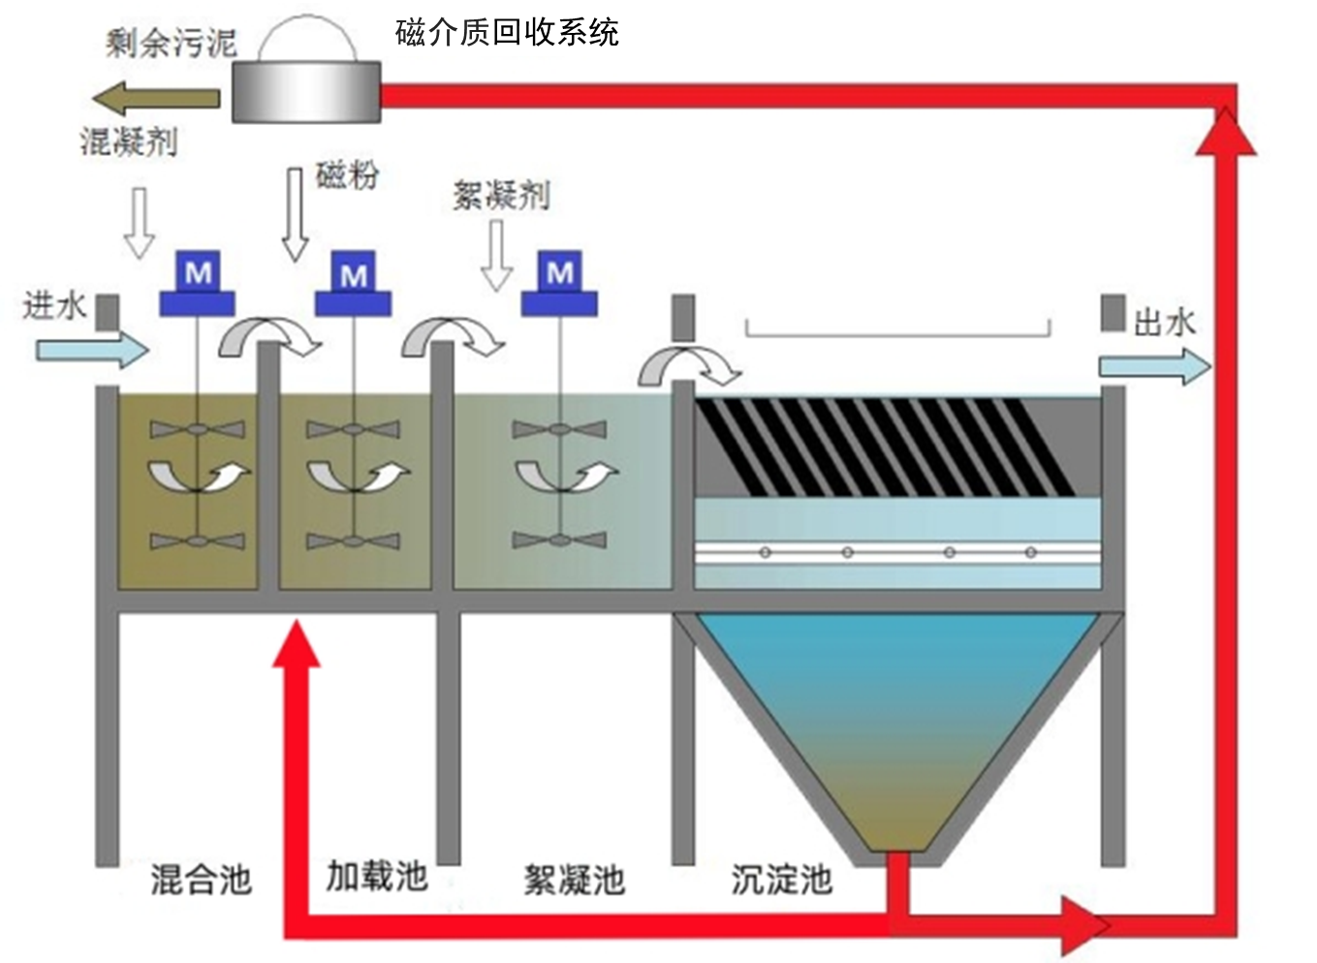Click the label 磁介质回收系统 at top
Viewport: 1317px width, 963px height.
[x=506, y=33]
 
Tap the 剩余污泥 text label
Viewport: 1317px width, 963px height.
[x=171, y=43]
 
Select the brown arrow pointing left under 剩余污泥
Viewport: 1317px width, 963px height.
[x=156, y=98]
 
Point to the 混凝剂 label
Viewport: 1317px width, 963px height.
[x=129, y=142]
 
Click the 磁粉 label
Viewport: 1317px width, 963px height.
[x=347, y=175]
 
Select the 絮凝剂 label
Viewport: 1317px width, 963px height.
[x=501, y=196]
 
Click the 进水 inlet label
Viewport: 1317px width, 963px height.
[x=54, y=307]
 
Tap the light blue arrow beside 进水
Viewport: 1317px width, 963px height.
[x=92, y=349]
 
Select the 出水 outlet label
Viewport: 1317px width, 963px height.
[x=1164, y=322]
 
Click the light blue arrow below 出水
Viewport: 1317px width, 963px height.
[x=1154, y=367]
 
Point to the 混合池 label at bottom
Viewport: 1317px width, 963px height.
[x=201, y=880]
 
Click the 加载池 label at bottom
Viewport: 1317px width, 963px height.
[x=376, y=876]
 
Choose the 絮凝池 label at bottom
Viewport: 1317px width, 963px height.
[x=574, y=880]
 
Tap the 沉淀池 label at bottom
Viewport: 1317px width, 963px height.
[x=781, y=879]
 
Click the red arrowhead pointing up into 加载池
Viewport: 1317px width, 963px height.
[x=296, y=644]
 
